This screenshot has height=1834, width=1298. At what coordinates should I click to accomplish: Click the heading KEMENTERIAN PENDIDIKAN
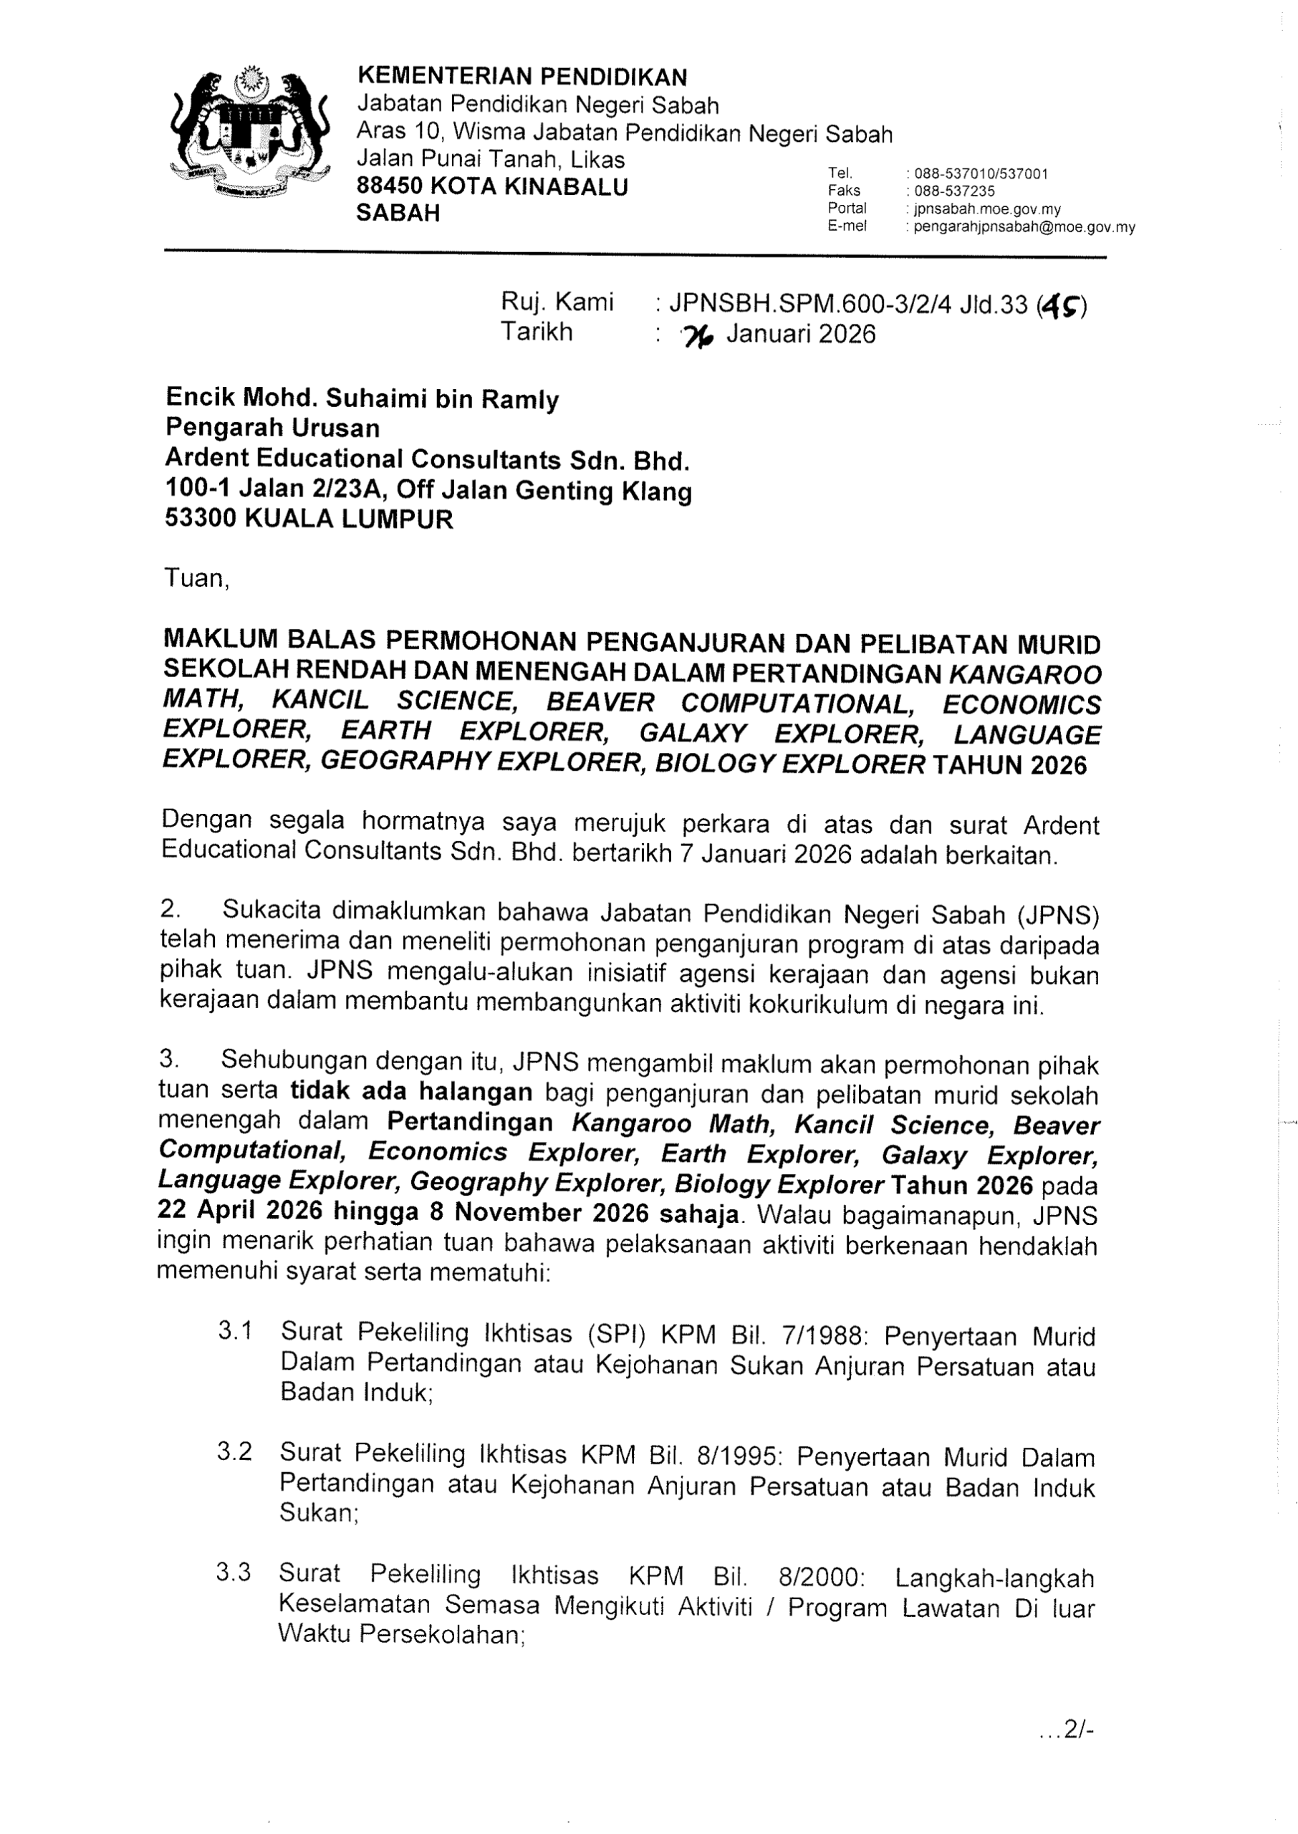tap(522, 77)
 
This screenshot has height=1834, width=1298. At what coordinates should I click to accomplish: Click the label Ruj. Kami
tap(557, 302)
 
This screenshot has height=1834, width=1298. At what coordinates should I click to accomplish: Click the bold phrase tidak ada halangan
tap(411, 1093)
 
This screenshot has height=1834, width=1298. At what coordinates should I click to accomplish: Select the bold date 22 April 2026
tap(240, 1211)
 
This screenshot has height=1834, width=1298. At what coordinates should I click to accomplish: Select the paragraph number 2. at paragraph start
tap(170, 909)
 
